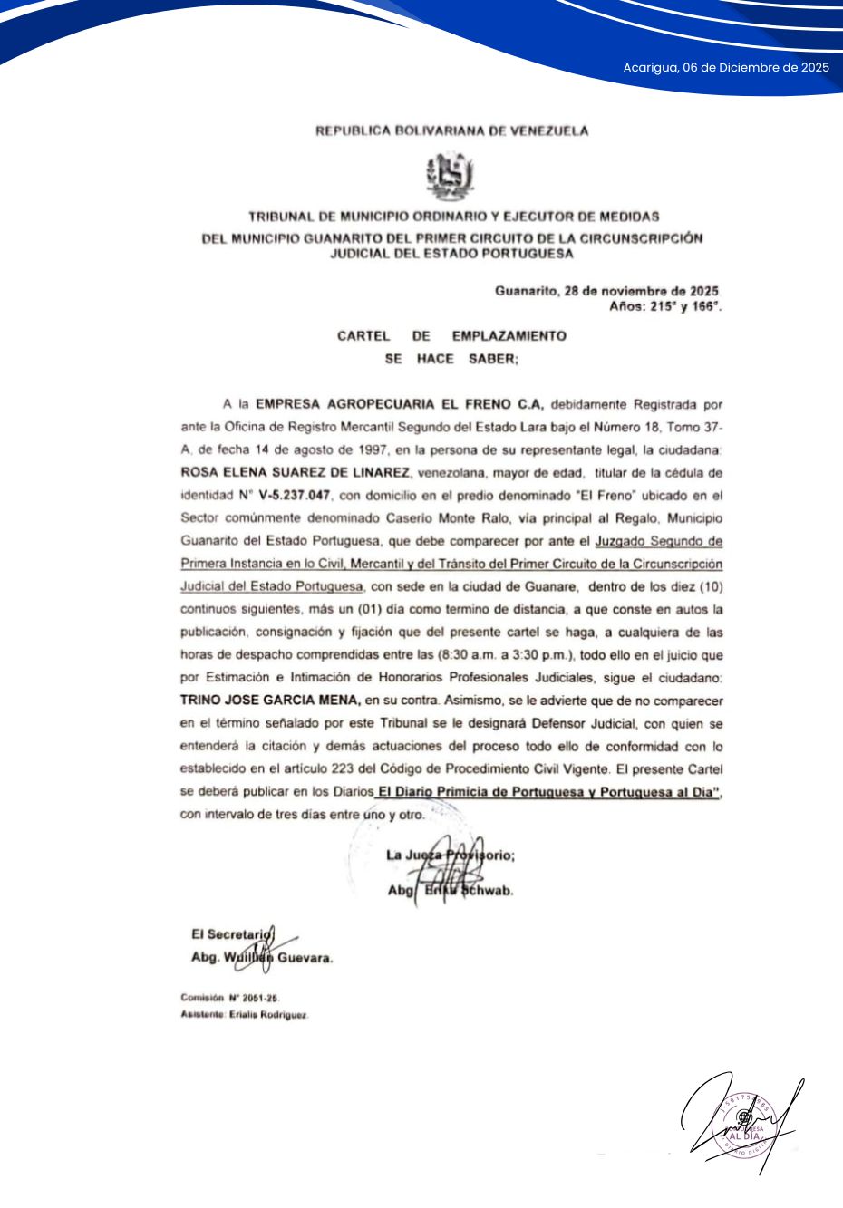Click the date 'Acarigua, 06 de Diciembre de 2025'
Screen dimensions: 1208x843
coord(725,67)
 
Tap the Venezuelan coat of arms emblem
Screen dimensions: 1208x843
coord(451,177)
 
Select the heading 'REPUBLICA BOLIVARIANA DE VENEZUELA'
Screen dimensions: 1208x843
coord(451,131)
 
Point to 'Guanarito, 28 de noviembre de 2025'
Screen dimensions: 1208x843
coord(606,291)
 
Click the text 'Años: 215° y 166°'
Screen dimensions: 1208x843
coord(665,307)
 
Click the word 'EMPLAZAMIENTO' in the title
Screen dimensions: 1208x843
coord(509,335)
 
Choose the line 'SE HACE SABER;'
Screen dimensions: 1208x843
coord(451,359)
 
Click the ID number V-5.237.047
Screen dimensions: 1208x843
coord(296,496)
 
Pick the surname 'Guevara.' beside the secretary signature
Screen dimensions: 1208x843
coord(305,958)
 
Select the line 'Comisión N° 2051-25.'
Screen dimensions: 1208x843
coord(230,998)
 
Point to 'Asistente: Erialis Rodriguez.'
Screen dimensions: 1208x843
coord(245,1015)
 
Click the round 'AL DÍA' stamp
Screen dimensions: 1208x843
coord(743,1129)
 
